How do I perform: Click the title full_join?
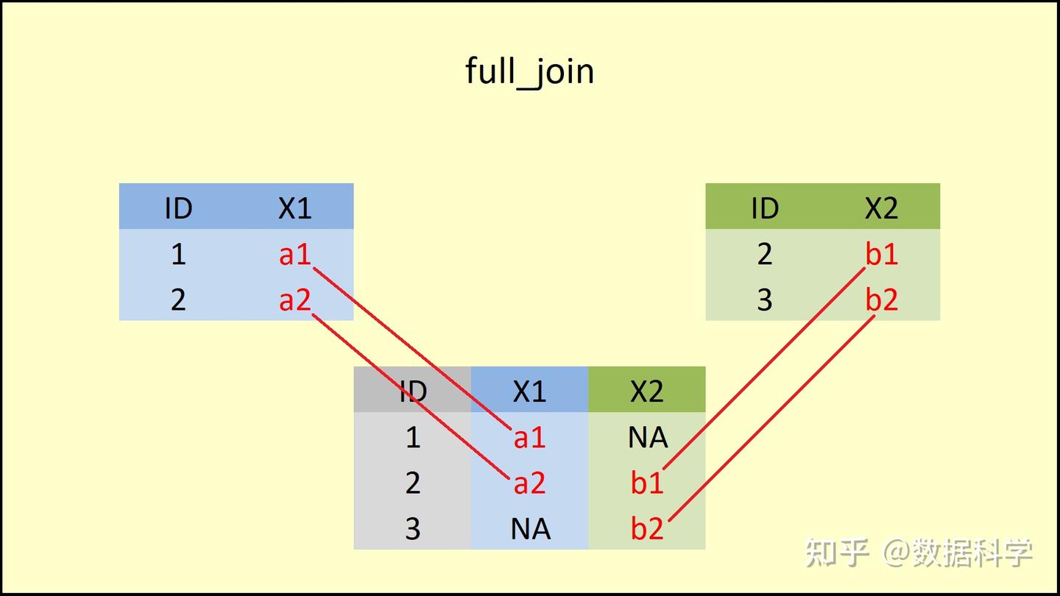tap(529, 72)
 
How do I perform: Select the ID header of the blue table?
tap(178, 209)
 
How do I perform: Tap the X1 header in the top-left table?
tap(295, 209)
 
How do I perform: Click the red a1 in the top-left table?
tap(295, 255)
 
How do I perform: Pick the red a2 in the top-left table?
tap(295, 300)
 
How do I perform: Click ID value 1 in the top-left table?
tap(178, 255)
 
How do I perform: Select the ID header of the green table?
tap(765, 209)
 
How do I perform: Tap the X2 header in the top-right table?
tap(881, 209)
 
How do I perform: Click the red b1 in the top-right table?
tap(881, 255)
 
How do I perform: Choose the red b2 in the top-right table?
tap(881, 300)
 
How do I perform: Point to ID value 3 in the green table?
tap(765, 300)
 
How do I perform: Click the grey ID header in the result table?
tap(412, 391)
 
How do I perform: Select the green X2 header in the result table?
tap(647, 391)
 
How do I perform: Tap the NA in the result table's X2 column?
tap(648, 438)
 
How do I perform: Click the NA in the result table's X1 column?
tap(530, 529)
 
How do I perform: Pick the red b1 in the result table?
tap(647, 483)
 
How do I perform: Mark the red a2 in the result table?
tap(529, 483)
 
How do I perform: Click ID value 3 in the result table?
tap(412, 529)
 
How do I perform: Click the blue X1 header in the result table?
tap(529, 391)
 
